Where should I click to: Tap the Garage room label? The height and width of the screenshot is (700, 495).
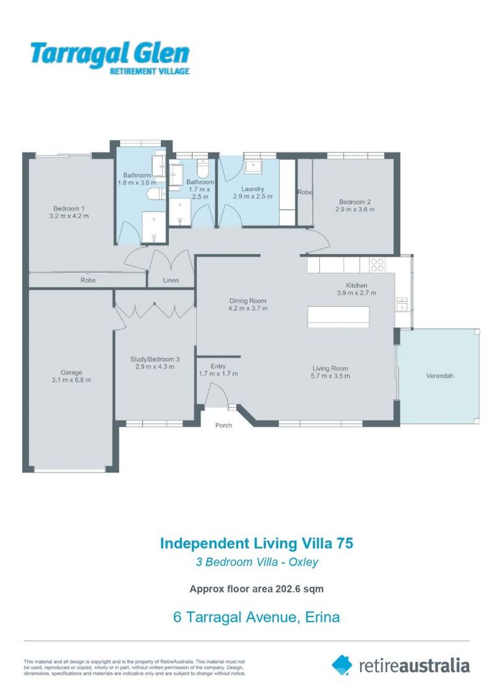click(71, 372)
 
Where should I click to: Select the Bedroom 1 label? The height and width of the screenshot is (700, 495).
click(69, 209)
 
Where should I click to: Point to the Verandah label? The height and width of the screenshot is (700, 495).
click(440, 376)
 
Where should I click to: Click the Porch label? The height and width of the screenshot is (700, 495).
click(223, 425)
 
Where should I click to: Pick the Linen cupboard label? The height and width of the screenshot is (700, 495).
click(171, 281)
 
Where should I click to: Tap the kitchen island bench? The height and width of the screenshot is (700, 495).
click(338, 316)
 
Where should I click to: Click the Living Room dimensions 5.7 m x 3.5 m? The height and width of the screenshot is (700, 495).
click(330, 376)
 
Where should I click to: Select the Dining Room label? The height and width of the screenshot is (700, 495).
click(248, 301)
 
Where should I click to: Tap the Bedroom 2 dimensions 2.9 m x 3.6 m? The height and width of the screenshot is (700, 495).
click(355, 209)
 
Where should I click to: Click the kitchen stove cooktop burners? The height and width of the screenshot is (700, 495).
click(377, 264)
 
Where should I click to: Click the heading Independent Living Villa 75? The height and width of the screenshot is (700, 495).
click(256, 543)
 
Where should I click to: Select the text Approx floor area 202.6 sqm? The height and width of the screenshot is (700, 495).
click(256, 589)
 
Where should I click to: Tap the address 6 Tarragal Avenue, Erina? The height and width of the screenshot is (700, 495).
click(256, 617)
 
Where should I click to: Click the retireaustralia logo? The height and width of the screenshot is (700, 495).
click(400, 665)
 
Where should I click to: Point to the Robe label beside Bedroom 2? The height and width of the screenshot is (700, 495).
click(305, 192)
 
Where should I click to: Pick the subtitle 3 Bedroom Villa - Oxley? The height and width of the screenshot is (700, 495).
click(257, 562)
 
